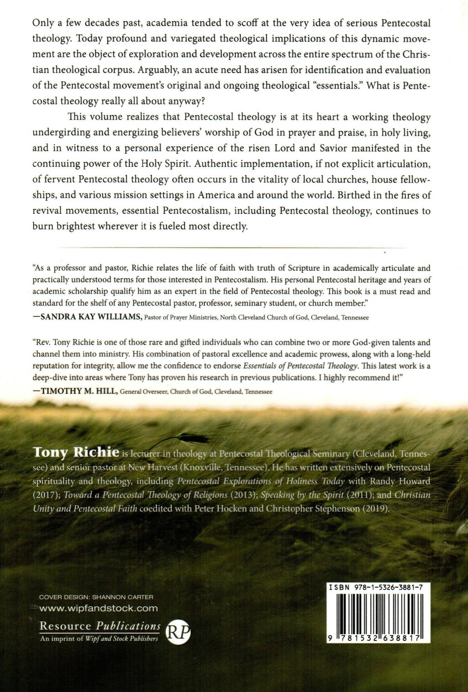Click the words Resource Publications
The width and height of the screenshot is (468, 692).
tap(100, 626)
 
